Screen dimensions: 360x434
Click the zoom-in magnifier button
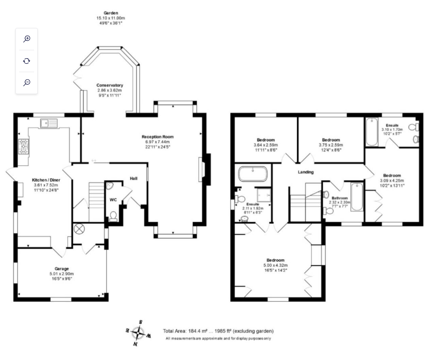click(x=27, y=39)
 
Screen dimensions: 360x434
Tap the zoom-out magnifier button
click(x=27, y=82)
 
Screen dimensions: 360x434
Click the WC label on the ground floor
click(x=113, y=200)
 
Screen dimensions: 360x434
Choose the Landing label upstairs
click(x=306, y=172)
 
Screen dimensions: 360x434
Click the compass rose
click(x=138, y=333)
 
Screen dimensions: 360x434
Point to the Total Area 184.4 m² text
click(x=218, y=331)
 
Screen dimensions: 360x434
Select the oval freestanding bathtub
click(x=252, y=175)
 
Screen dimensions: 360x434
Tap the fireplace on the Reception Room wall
click(x=204, y=169)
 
